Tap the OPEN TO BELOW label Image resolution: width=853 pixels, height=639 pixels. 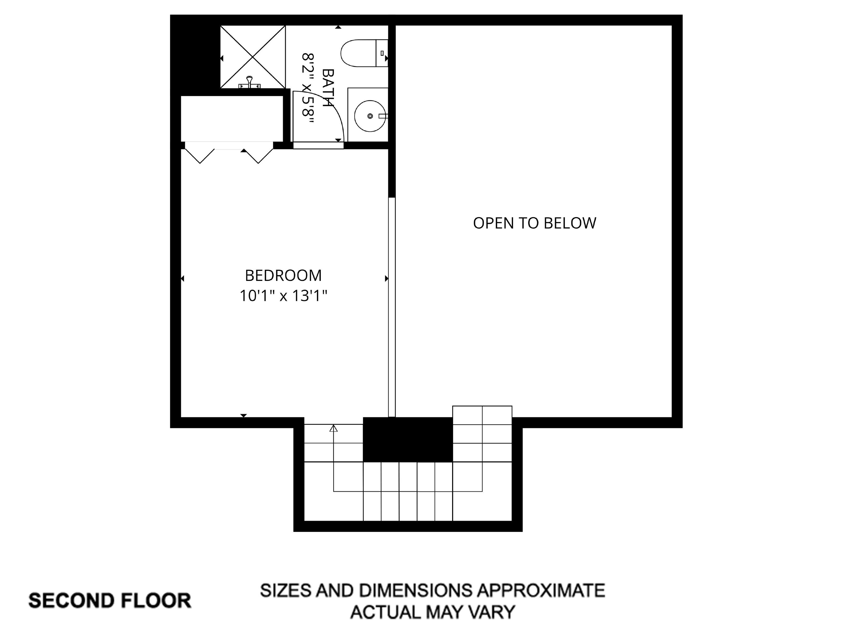[x=535, y=223]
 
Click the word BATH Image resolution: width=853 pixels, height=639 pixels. [x=327, y=88]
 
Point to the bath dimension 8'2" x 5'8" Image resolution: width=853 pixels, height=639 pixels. [x=308, y=88]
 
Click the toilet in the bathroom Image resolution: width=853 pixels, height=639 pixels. [x=362, y=53]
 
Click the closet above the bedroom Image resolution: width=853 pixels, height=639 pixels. [x=232, y=118]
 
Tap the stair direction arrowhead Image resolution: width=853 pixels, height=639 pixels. [x=333, y=428]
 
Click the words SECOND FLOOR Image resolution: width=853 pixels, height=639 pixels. [x=110, y=600]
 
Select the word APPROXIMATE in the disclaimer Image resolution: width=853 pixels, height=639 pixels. [x=541, y=590]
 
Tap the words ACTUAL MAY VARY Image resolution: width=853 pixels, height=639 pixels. [x=432, y=612]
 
